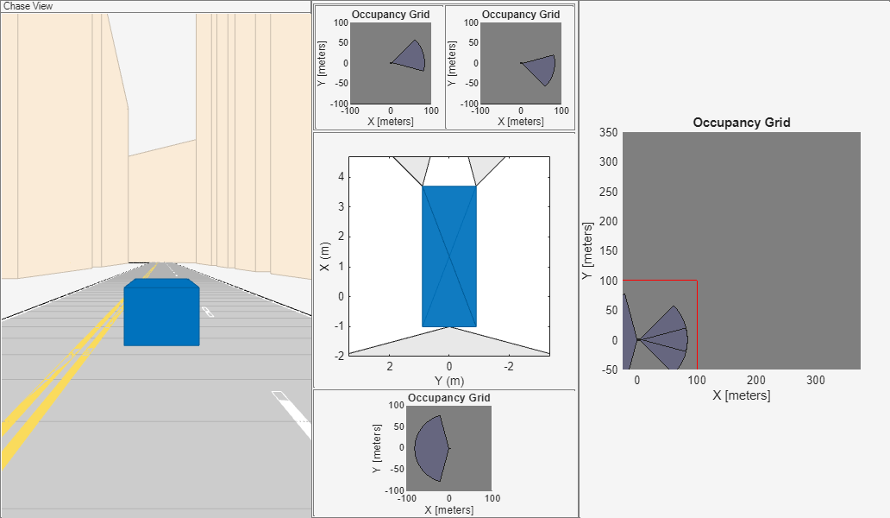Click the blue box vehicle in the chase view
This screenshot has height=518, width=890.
point(161,313)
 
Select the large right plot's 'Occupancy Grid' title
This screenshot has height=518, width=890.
point(742,123)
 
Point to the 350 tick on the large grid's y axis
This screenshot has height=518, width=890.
point(608,132)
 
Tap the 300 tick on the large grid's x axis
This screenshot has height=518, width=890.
point(815,380)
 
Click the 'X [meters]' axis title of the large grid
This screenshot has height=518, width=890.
point(742,395)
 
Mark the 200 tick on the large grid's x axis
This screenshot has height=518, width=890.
point(755,380)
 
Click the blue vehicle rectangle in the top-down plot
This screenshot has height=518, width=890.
point(449,256)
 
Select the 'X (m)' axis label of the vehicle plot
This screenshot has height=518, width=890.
point(324,256)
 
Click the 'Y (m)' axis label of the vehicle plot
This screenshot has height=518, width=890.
point(449,381)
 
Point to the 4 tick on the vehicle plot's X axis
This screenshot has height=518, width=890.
point(341,176)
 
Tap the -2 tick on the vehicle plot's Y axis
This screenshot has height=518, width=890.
point(509,366)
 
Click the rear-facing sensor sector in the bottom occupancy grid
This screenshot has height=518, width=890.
point(430,447)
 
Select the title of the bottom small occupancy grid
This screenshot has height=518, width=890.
point(449,398)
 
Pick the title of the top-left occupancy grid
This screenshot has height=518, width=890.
point(391,15)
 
